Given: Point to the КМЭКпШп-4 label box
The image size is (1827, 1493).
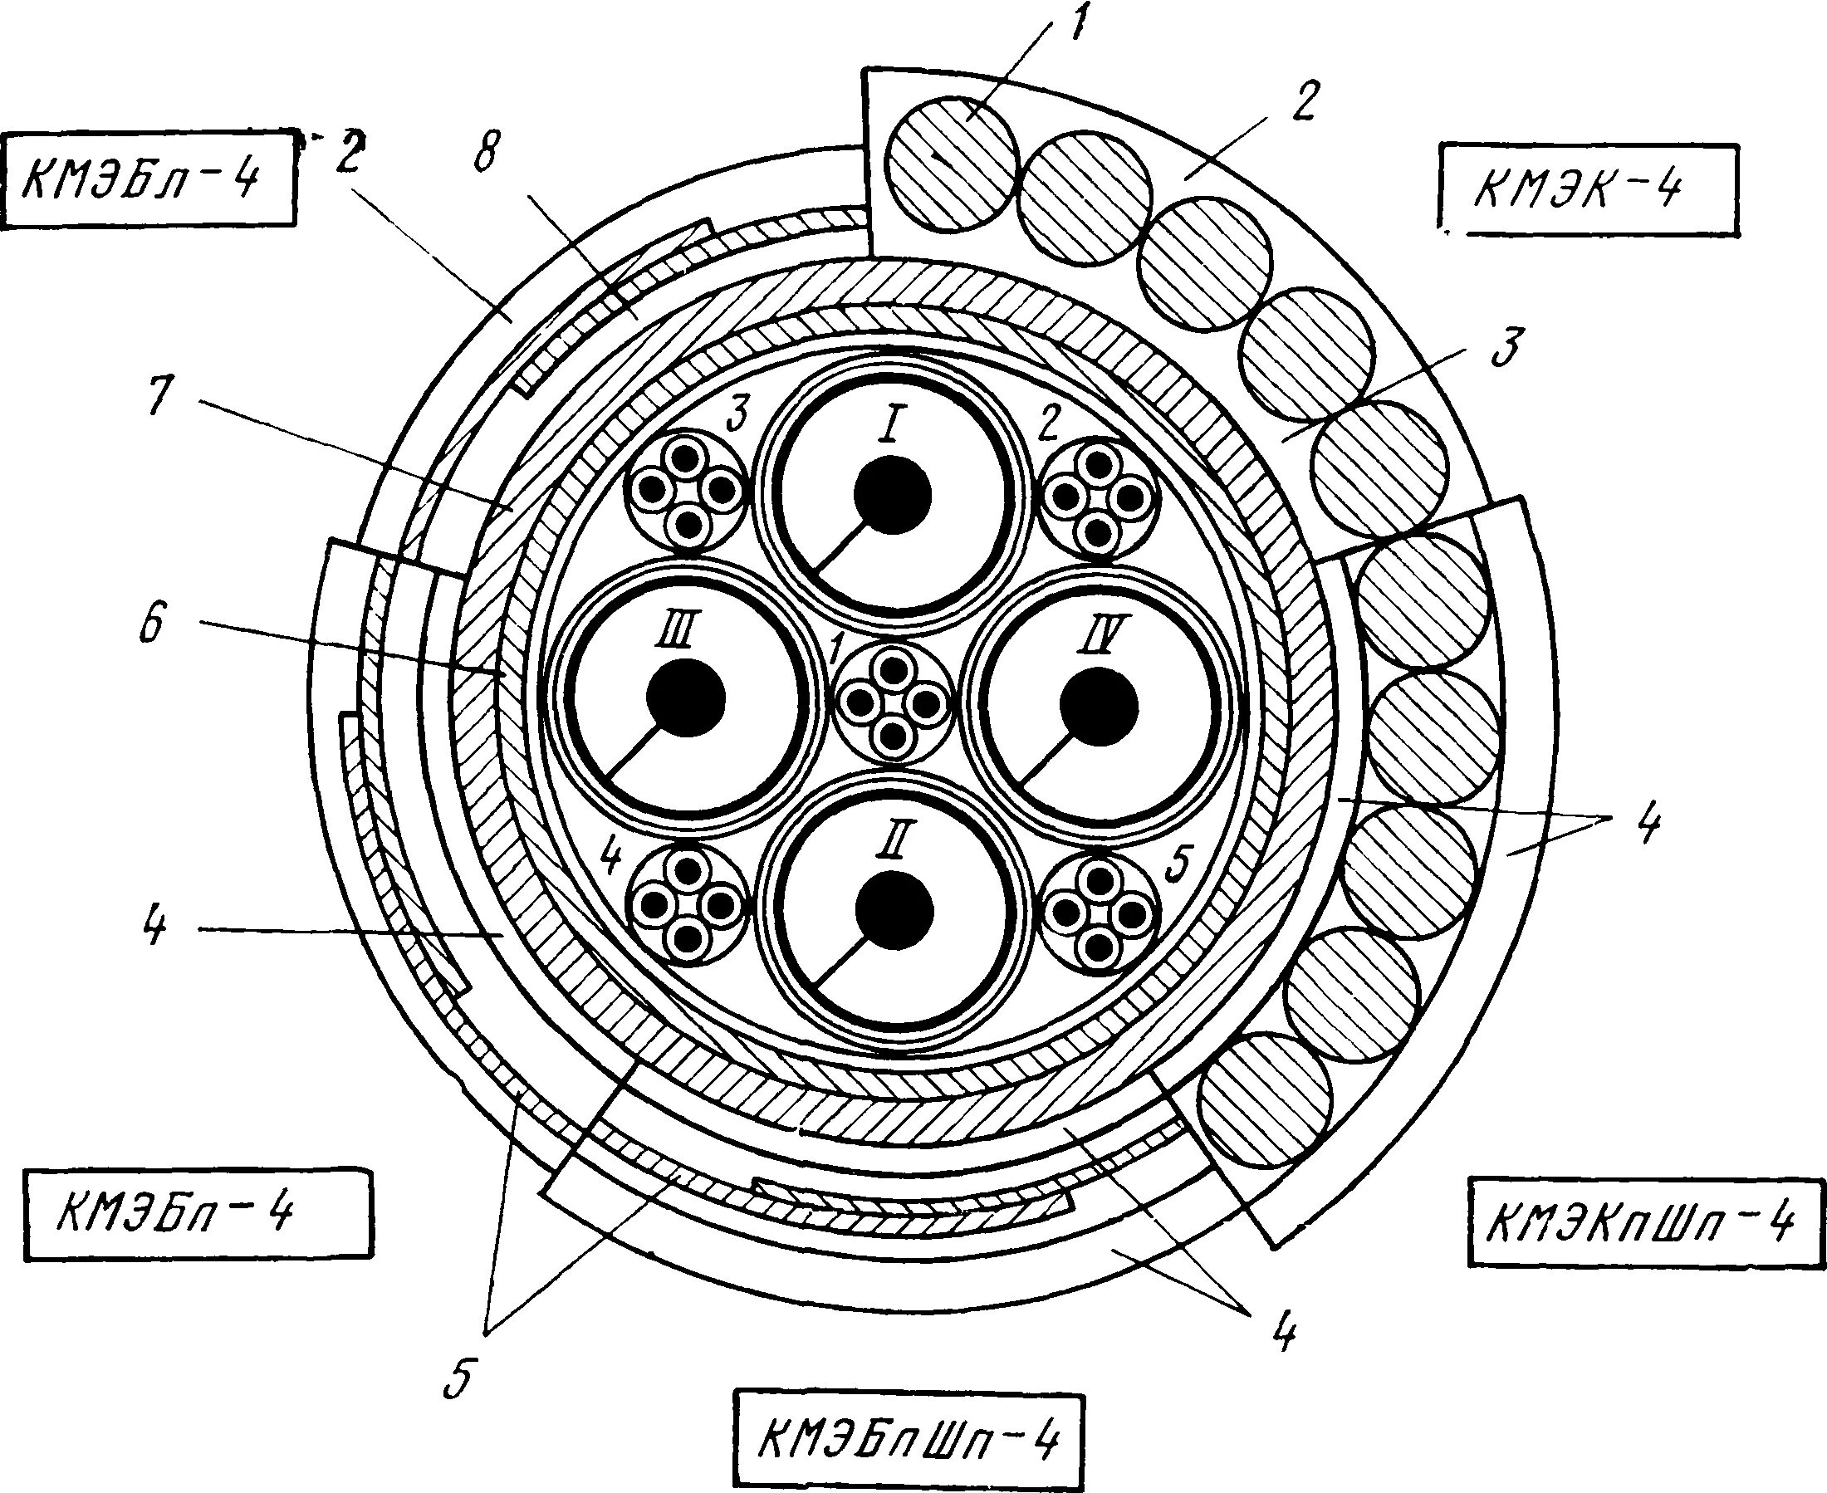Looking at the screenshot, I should coord(1645,1221).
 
